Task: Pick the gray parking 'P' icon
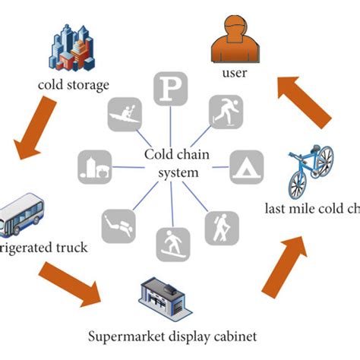(x=171, y=89)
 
